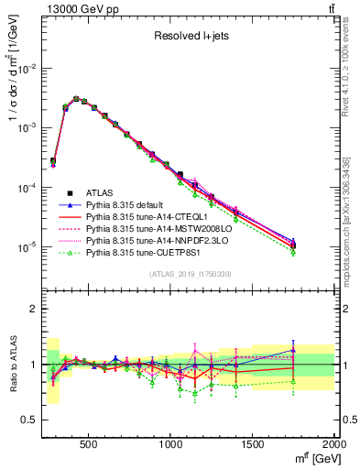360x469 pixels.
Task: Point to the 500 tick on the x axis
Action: tap(89, 446)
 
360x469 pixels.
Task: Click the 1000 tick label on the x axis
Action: tap(171, 446)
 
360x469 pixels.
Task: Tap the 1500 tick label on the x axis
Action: tap(253, 446)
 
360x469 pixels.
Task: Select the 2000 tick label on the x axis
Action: tap(333, 446)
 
